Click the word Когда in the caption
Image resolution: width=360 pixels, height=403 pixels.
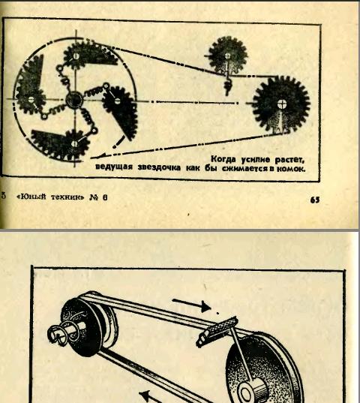[x=223, y=159]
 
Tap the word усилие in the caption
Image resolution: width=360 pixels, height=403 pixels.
[x=255, y=160]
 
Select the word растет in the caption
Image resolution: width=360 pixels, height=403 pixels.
[x=289, y=160]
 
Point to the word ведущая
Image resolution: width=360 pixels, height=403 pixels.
[x=114, y=167]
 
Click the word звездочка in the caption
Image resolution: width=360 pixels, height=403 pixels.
[x=159, y=167]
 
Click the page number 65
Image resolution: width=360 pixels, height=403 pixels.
[x=315, y=200]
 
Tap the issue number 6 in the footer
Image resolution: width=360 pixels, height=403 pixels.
[x=105, y=197]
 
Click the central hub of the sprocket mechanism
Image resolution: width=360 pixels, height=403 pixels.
[x=74, y=100]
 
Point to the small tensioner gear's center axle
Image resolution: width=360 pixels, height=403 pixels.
[x=227, y=56]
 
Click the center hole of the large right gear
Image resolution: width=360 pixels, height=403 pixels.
[x=281, y=104]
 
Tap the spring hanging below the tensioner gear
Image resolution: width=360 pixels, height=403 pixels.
[x=227, y=86]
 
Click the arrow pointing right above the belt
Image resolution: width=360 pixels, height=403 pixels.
[x=191, y=304]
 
